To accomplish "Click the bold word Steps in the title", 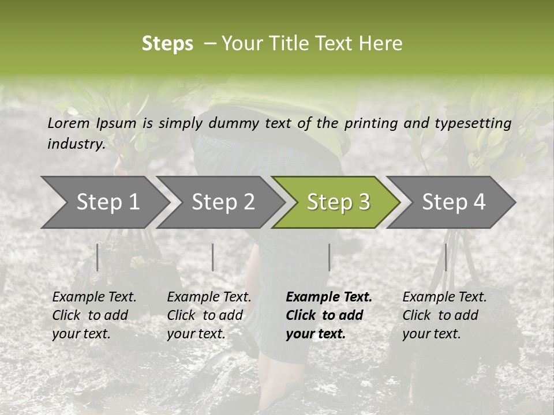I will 167,44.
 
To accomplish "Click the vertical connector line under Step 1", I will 98,257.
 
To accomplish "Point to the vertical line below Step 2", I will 213,257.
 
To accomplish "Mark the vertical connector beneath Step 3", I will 330,257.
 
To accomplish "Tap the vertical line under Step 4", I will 446,257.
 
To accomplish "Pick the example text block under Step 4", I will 444,315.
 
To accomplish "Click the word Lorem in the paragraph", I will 68,123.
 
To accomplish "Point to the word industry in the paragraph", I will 76,144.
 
